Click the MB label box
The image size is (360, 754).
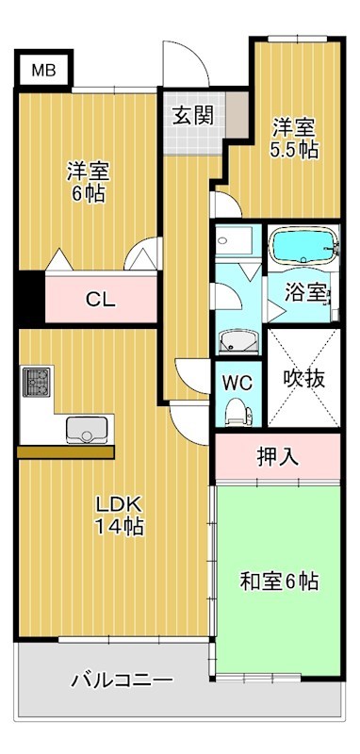(x=43, y=70)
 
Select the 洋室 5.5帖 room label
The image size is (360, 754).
(x=294, y=138)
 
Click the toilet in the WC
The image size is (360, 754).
(x=236, y=410)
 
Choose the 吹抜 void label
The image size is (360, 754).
(x=303, y=378)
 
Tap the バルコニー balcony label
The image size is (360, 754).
(x=122, y=680)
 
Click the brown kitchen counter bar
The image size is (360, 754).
(x=66, y=451)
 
